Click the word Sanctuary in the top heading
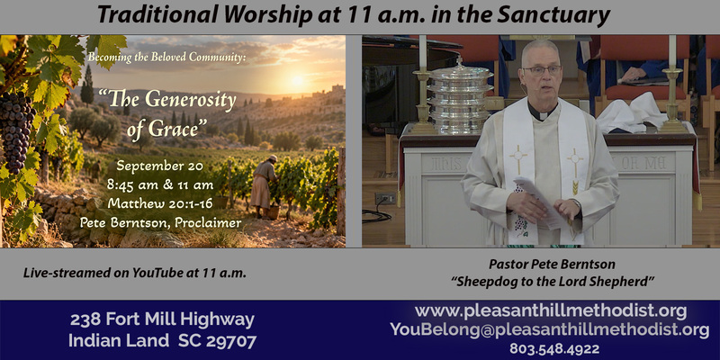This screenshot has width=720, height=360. (x=553, y=16)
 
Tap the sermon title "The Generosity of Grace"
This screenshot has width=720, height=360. (x=167, y=113)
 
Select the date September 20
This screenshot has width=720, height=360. (x=159, y=166)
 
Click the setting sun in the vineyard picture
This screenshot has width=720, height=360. (x=298, y=80)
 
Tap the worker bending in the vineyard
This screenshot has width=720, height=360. (x=265, y=186)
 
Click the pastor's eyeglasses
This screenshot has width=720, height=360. (x=542, y=70)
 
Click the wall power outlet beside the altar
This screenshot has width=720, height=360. (x=385, y=198)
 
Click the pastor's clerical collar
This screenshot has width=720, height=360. (x=542, y=112)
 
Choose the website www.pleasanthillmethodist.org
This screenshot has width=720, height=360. (x=551, y=311)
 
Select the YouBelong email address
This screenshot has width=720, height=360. (x=550, y=329)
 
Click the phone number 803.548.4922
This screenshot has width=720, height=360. (x=554, y=349)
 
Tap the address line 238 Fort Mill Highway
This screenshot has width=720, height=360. (x=162, y=319)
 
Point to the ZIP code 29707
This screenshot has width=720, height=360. (x=231, y=341)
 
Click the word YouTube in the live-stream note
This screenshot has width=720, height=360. (x=158, y=274)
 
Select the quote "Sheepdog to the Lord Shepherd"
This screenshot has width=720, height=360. (x=552, y=282)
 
